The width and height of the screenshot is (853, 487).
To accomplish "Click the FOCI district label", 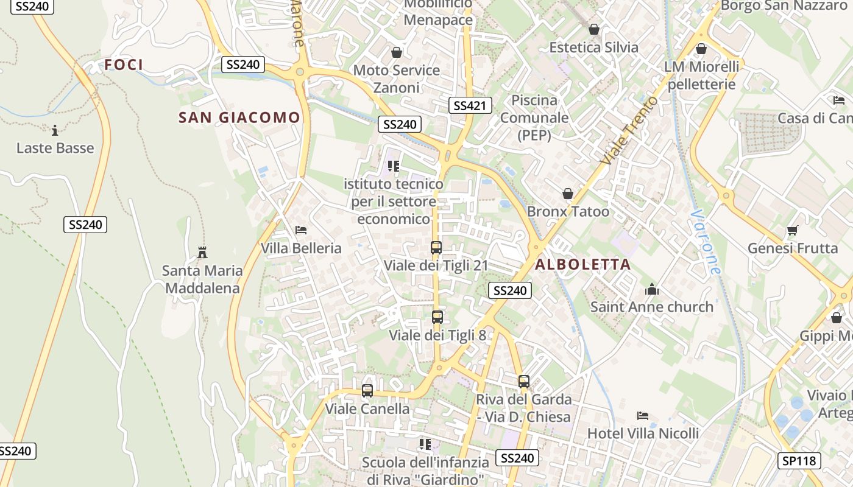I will coord(124,65).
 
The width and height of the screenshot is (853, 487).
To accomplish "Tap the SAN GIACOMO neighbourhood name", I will coord(239,117).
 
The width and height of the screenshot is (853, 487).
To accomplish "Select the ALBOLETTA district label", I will coord(582,264).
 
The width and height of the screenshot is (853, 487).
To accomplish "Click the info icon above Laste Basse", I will coord(55,130).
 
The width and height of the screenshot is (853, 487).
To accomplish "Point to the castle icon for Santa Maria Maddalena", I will coord(202,252).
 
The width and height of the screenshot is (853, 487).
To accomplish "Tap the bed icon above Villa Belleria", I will coord(300,230).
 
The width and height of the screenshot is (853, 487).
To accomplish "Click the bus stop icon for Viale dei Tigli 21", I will coord(436,248).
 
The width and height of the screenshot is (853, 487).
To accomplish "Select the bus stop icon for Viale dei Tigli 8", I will coord(437,317).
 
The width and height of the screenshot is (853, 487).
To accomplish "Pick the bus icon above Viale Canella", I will coord(367,391).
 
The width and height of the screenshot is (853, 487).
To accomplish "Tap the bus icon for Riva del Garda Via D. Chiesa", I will coord(523,382).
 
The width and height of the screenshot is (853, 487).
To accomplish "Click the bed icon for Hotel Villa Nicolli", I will coord(643,416).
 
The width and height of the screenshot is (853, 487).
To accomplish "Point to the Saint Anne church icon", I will coord(652,289).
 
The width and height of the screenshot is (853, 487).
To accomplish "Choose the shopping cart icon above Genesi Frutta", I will coord(792,230).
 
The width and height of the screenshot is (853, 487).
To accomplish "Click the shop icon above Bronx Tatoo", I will coord(568,194).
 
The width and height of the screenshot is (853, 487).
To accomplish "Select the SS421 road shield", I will coord(470,105).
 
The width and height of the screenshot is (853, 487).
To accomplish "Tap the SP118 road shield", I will coord(799,461).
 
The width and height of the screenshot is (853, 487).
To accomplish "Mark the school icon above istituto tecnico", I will coord(394,166).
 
